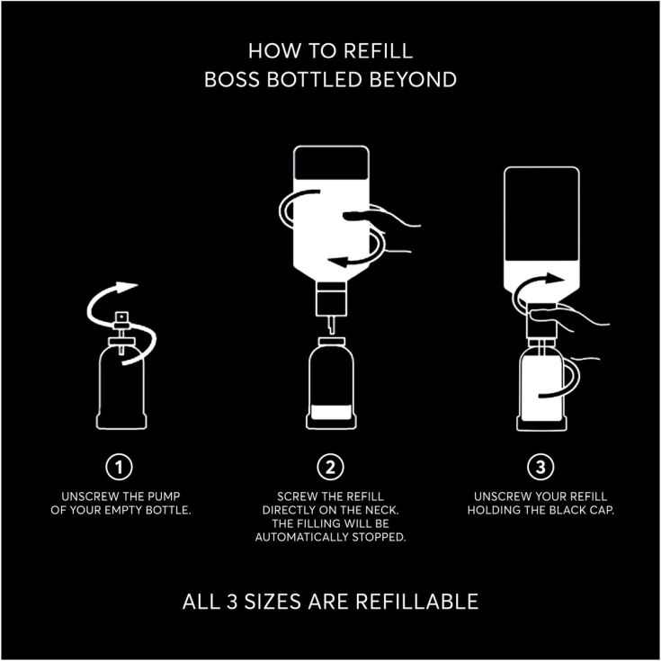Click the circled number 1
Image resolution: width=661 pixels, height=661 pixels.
tap(119, 467)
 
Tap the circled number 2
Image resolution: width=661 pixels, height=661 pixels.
tap(331, 467)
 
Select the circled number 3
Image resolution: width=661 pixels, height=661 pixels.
tap(540, 467)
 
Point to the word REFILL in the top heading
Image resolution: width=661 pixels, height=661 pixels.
tap(378, 51)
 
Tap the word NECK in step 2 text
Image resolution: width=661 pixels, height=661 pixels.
tap(381, 510)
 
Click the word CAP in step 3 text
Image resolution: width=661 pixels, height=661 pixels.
tap(602, 510)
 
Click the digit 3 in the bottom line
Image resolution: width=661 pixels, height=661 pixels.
tap(232, 602)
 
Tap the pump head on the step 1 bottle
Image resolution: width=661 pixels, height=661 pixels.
tap(121, 320)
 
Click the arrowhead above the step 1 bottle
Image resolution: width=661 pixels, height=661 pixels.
tap(127, 287)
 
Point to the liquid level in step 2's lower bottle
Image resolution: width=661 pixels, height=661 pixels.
tap(331, 412)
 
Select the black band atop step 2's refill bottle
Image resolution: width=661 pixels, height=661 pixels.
tap(331, 164)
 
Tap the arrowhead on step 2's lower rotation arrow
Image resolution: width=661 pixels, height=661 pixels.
tap(338, 262)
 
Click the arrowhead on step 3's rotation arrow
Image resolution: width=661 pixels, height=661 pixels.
tap(554, 279)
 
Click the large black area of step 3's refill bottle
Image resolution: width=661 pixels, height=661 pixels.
tap(541, 215)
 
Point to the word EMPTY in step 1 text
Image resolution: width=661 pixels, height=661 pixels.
tap(122, 510)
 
